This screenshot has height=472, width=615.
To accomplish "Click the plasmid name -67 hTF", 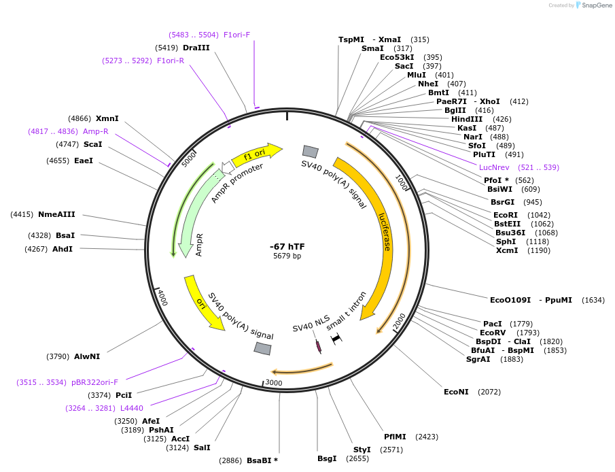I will tap(287, 246).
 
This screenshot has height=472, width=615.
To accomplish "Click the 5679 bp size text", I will tap(287, 256).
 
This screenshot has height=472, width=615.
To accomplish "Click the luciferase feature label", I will tap(385, 231).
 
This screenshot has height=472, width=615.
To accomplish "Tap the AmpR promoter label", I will tap(236, 183).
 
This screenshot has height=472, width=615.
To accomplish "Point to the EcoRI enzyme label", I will tap(506, 215).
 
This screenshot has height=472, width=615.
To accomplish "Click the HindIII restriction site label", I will tap(467, 119).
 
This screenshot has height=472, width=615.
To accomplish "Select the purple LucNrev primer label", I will tap(499, 167).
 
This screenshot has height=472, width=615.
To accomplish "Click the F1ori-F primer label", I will tap(236, 35).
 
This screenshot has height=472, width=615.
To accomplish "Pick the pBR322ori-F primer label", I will tap(94, 382).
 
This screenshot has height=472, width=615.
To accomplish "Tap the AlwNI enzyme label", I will tap(87, 356).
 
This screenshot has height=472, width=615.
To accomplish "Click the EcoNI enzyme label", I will tap(457, 392).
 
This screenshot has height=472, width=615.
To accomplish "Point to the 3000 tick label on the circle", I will tap(273, 383).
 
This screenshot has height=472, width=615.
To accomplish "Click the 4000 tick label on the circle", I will tap(162, 297).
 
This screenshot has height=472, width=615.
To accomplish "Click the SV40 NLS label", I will tap(311, 323).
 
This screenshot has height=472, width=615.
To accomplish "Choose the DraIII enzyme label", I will tap(196, 48).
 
